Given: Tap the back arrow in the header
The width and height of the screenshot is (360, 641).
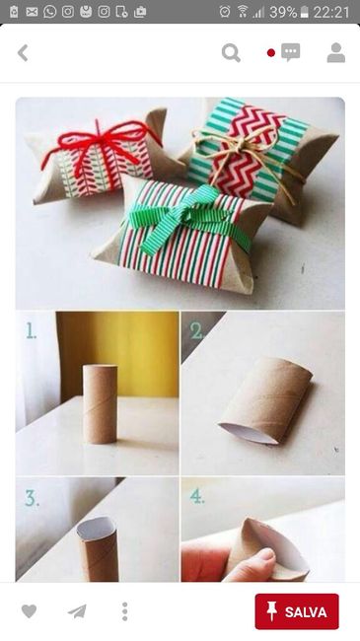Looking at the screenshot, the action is [23, 53].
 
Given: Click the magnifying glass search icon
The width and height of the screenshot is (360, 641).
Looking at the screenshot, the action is [231, 53].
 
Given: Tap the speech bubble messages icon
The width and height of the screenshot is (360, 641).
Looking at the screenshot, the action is [290, 52].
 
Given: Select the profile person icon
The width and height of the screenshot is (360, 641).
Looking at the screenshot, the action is [336, 52].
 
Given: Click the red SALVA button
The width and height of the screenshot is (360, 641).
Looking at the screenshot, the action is [297, 611].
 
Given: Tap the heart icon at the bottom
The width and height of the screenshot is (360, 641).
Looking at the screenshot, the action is [29, 611].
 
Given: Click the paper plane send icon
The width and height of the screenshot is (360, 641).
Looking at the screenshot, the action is [77, 611].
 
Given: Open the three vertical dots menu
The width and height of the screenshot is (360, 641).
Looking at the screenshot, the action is [125, 611].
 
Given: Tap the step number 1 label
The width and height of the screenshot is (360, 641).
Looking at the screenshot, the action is [31, 330].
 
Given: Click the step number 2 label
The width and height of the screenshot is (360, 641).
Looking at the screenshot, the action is [196, 330].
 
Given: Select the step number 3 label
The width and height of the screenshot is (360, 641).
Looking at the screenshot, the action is [32, 498].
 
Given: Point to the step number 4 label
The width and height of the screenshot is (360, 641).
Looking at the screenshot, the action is [197, 496].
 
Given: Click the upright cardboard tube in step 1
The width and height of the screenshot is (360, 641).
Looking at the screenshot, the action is [101, 404].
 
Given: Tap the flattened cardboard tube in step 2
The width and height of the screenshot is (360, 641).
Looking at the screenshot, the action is [266, 400].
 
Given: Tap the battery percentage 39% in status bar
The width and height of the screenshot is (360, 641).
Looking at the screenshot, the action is [283, 12].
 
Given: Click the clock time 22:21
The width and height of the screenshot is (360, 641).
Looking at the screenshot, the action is [331, 12].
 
